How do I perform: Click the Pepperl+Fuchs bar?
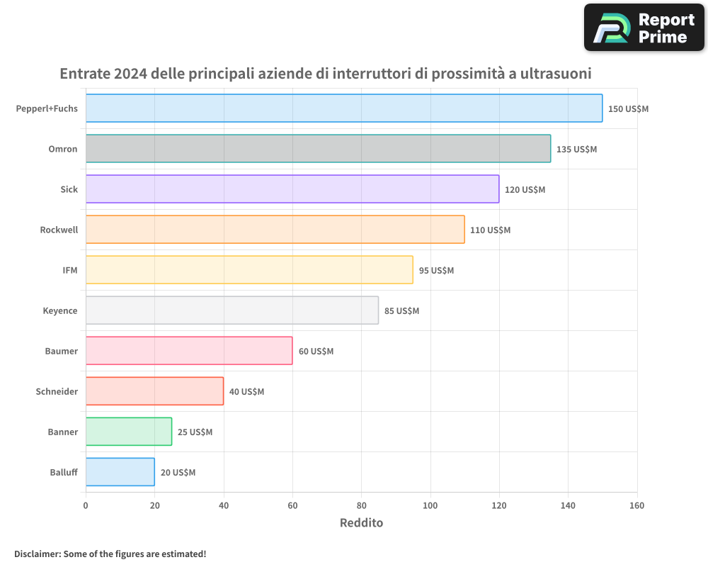tap(344, 108)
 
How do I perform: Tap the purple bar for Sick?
tap(292, 189)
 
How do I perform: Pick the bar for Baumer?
tap(189, 351)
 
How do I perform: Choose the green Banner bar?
tap(129, 432)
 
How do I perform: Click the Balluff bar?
tap(120, 472)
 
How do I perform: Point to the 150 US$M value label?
tap(628, 109)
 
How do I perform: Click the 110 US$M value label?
tap(490, 230)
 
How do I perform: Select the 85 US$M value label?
tap(401, 311)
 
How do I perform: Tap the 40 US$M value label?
tap(246, 392)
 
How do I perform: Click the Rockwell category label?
tap(59, 230)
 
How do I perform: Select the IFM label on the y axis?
tap(70, 270)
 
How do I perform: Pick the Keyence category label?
tap(60, 310)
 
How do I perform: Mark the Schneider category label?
tap(57, 391)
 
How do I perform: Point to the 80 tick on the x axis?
tap(361, 506)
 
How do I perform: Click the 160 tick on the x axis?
tap(636, 506)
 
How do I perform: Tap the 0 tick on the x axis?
tap(86, 506)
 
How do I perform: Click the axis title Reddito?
tap(361, 524)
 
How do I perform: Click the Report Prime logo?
tap(644, 28)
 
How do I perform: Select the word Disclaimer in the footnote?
tap(36, 554)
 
